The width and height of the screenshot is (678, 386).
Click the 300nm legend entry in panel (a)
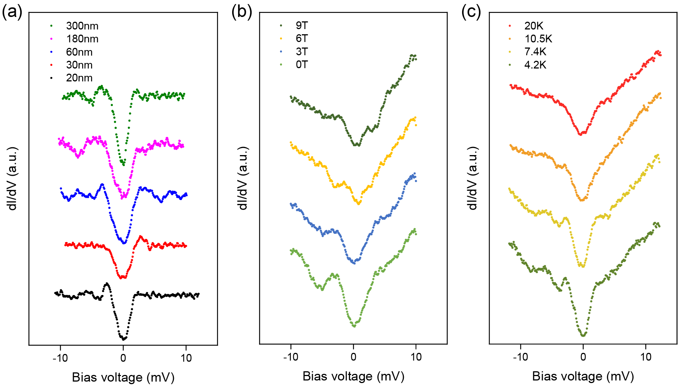click(x=82, y=26)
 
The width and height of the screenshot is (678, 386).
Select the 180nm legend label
click(x=82, y=39)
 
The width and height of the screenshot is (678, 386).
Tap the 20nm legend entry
click(x=79, y=78)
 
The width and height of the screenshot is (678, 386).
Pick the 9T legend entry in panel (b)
click(x=301, y=25)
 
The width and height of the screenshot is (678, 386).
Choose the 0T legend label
click(x=301, y=65)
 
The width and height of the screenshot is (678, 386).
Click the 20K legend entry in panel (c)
click(x=534, y=26)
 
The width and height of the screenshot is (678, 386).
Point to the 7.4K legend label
click(x=535, y=52)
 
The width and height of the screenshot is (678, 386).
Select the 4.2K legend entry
click(x=535, y=65)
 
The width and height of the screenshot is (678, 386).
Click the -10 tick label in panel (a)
click(x=60, y=358)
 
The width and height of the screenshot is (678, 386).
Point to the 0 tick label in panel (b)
click(x=353, y=357)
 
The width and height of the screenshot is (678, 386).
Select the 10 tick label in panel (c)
click(x=646, y=357)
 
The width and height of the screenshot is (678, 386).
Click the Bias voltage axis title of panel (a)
click(x=123, y=378)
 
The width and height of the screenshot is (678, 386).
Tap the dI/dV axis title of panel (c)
click(x=473, y=178)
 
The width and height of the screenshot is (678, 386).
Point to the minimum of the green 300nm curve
click(x=123, y=165)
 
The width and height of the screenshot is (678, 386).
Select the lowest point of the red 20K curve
click(x=581, y=134)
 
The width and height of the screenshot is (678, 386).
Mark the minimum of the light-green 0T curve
click(x=354, y=326)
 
